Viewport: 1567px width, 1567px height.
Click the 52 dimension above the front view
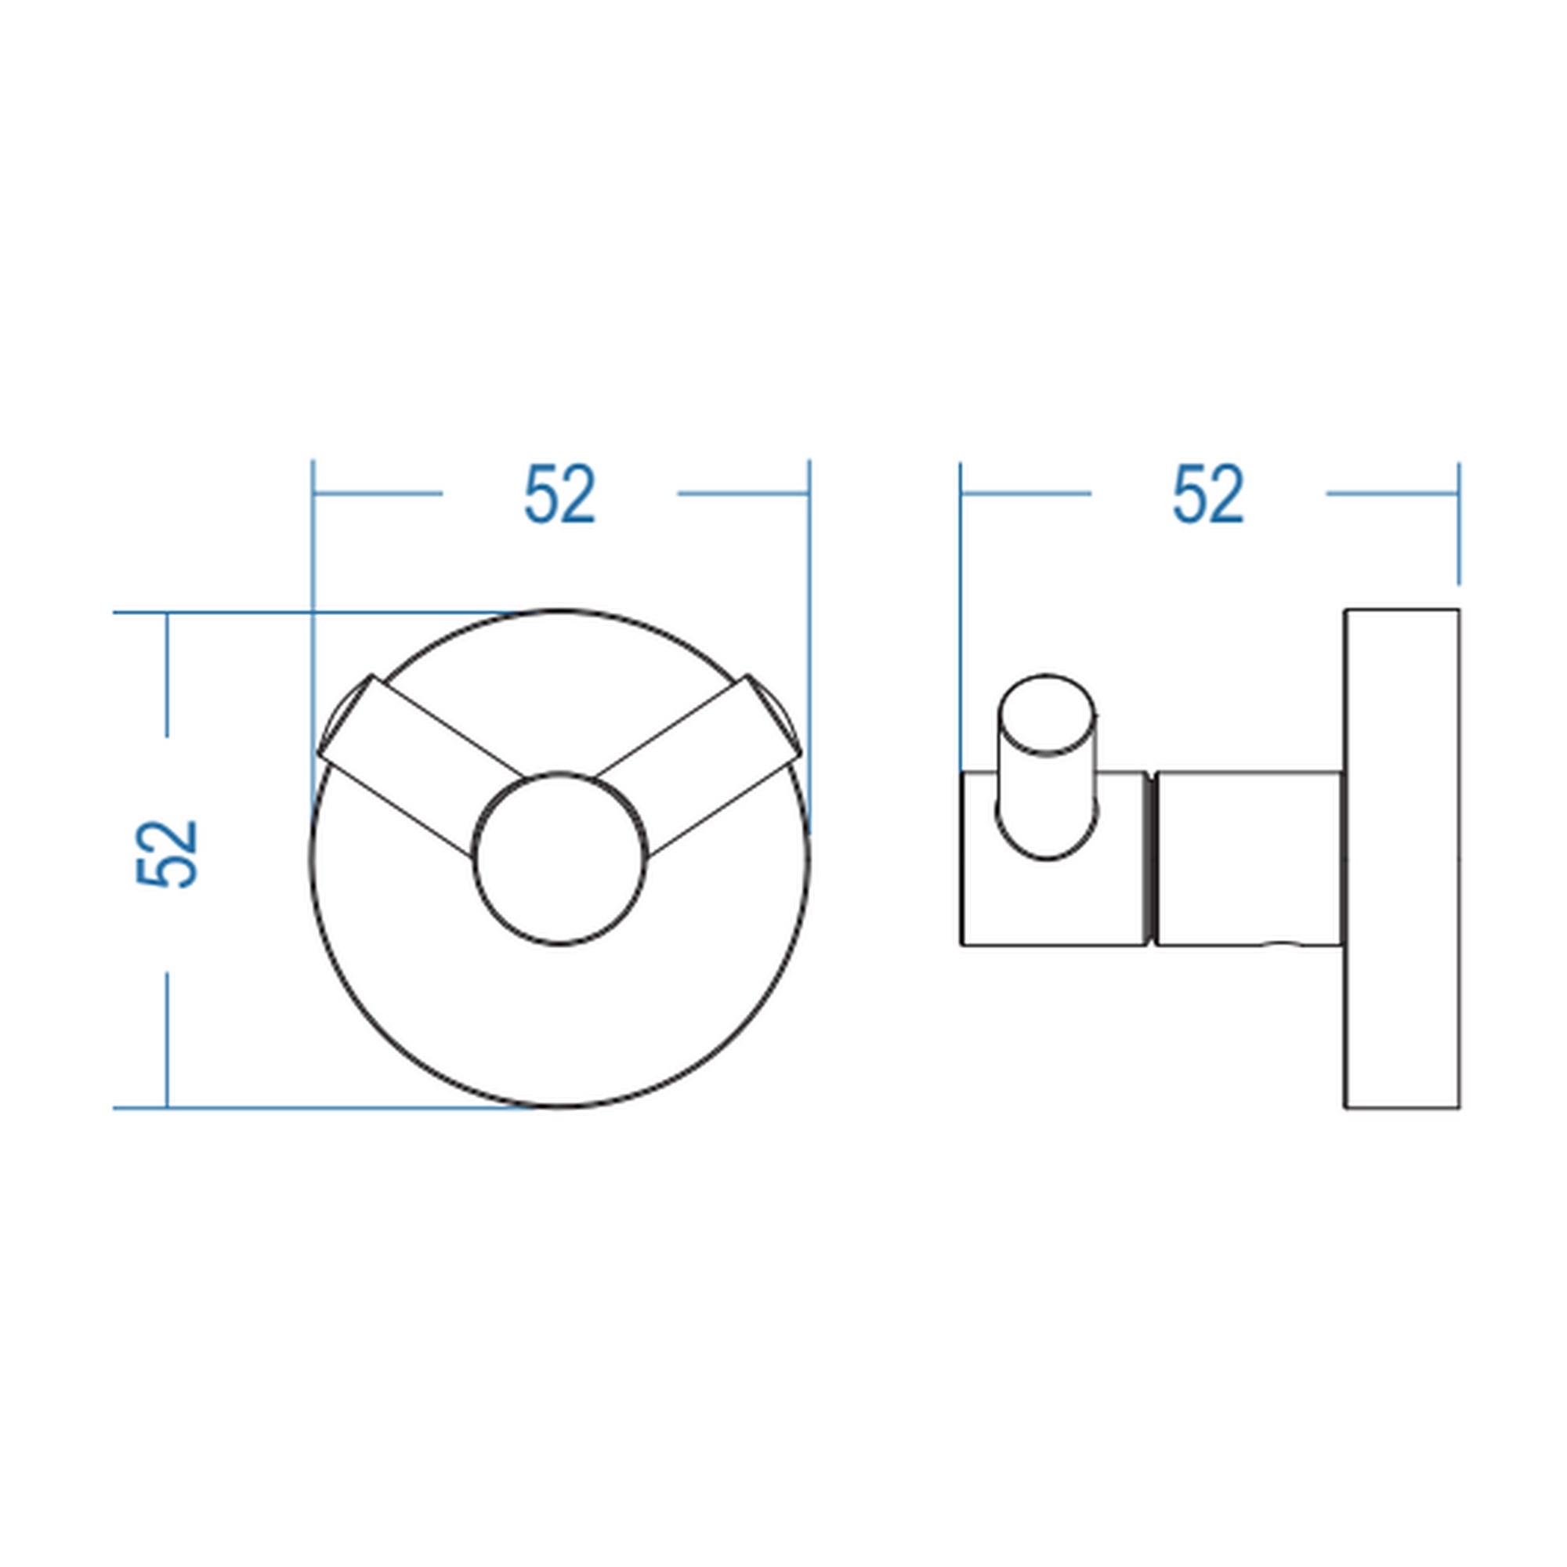(x=559, y=493)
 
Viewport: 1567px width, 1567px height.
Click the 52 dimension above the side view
(x=1207, y=493)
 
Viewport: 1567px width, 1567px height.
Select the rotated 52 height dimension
(x=167, y=853)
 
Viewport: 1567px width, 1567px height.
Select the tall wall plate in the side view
(x=1402, y=858)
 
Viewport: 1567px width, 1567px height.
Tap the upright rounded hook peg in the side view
(x=1047, y=765)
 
